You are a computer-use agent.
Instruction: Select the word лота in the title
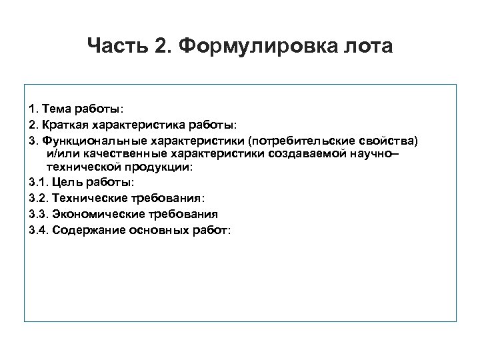pyautogui.click(x=369, y=47)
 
